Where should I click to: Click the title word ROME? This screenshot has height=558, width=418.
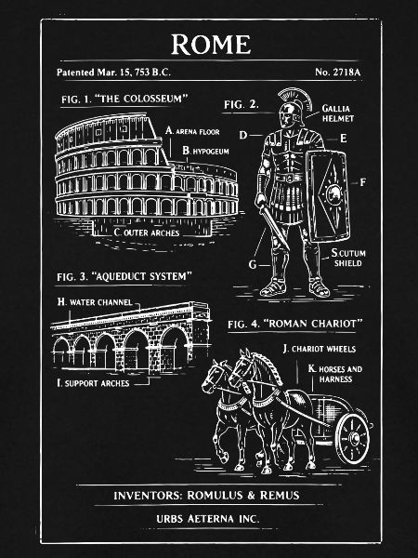click(211, 45)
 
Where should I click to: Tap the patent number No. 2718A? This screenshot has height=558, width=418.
click(337, 73)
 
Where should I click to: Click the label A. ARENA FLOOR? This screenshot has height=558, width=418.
click(192, 131)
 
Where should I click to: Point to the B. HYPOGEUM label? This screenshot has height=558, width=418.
click(205, 151)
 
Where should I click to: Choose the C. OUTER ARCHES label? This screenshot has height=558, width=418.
click(147, 232)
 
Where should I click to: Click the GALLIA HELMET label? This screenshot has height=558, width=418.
click(337, 113)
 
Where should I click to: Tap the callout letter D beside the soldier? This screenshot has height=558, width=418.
click(242, 135)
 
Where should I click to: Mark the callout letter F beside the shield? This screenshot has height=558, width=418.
click(362, 182)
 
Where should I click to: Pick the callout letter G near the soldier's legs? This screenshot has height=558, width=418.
click(253, 264)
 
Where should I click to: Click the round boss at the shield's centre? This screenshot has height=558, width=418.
click(333, 193)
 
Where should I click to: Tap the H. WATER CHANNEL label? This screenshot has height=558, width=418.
click(95, 302)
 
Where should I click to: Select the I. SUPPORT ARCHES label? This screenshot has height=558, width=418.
click(93, 383)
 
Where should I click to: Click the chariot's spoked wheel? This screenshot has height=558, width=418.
click(353, 439)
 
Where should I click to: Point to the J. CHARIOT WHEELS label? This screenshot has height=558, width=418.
click(320, 349)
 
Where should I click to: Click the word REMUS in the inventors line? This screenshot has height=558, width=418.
click(280, 496)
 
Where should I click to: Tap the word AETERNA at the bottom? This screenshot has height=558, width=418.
click(211, 519)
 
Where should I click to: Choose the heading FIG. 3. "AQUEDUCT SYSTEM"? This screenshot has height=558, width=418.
click(124, 276)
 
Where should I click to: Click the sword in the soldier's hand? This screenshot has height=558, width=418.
click(274, 227)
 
